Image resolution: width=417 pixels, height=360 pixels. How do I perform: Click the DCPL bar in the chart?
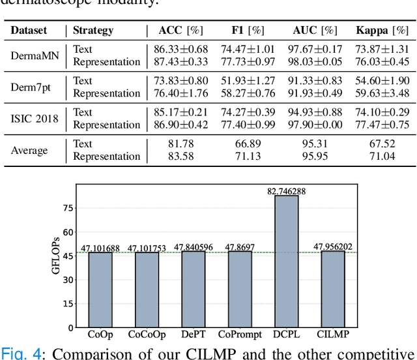(x=287, y=261)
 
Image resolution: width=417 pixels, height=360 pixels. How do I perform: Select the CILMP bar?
(x=332, y=289)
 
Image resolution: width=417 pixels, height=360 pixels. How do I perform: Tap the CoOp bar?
(x=100, y=289)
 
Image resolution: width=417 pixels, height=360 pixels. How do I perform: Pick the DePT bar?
(x=193, y=289)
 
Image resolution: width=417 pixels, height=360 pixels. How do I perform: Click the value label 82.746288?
(x=287, y=190)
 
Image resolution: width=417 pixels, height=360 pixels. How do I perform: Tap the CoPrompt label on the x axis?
(x=239, y=335)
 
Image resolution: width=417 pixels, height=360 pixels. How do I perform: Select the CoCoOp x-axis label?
(x=146, y=335)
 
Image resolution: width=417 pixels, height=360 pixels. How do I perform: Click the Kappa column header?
(x=382, y=30)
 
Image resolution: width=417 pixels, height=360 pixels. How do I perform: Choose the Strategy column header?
(x=93, y=30)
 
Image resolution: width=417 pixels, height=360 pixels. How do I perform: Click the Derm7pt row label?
(x=33, y=87)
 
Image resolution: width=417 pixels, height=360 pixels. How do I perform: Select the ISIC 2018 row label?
(x=35, y=118)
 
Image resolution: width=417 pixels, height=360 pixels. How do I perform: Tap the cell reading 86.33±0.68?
(x=180, y=49)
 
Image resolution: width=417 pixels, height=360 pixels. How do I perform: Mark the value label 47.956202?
(x=333, y=247)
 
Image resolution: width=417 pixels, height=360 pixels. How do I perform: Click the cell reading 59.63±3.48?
(x=382, y=93)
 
